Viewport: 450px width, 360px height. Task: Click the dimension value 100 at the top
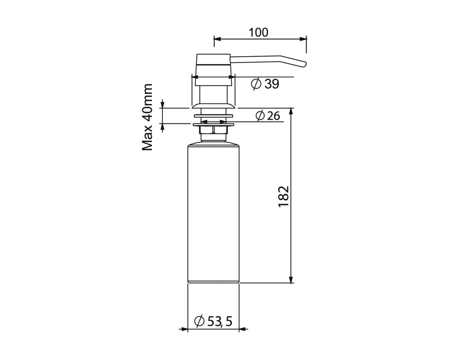click(x=258, y=32)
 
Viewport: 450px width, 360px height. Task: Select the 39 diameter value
click(x=272, y=84)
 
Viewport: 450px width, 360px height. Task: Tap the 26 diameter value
click(x=273, y=116)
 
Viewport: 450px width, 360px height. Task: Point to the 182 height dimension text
click(x=283, y=197)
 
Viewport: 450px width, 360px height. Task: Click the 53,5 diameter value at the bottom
click(x=220, y=321)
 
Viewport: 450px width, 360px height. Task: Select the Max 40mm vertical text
click(x=148, y=117)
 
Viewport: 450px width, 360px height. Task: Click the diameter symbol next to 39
click(x=256, y=84)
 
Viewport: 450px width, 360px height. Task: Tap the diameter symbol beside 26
click(x=260, y=116)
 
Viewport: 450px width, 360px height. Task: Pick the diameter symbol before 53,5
click(x=199, y=321)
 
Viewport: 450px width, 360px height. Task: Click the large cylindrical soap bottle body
click(x=213, y=211)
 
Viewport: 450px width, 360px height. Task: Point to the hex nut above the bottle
click(x=213, y=130)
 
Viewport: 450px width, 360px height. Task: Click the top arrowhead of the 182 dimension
click(x=291, y=111)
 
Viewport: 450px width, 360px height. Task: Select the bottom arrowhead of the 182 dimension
click(x=291, y=279)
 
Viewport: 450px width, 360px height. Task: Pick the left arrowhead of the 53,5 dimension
click(x=184, y=329)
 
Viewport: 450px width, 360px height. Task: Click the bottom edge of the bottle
click(x=213, y=283)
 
